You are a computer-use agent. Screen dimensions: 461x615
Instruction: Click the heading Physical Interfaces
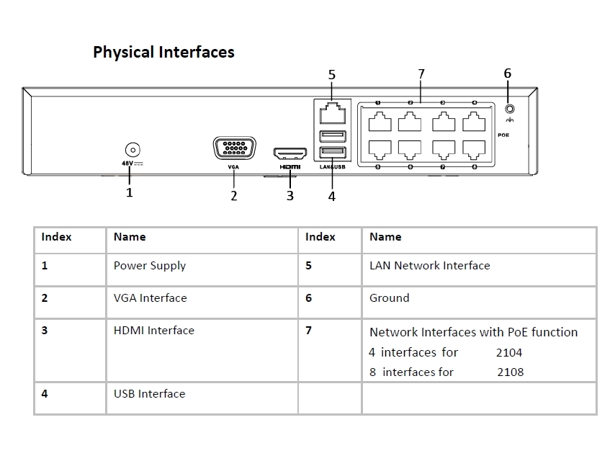(163, 52)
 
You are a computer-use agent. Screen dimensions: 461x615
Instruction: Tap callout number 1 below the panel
(130, 192)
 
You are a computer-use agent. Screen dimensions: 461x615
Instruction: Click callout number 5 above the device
(331, 74)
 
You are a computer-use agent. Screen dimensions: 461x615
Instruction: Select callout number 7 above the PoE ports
(421, 74)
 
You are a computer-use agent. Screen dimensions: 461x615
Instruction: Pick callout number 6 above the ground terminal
(508, 73)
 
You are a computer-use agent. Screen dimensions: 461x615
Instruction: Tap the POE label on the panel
(503, 135)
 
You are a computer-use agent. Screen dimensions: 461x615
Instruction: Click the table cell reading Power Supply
(150, 266)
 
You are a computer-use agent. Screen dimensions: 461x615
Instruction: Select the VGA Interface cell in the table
(150, 298)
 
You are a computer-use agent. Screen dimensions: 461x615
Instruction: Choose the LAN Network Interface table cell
(429, 266)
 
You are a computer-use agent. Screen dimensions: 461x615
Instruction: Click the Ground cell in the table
(389, 298)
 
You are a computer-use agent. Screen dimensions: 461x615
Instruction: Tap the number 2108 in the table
(510, 372)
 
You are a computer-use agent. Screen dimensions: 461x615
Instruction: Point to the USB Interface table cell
(149, 394)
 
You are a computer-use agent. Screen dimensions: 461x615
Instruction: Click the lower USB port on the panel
(332, 152)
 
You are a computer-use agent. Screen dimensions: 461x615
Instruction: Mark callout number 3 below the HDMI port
(290, 195)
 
